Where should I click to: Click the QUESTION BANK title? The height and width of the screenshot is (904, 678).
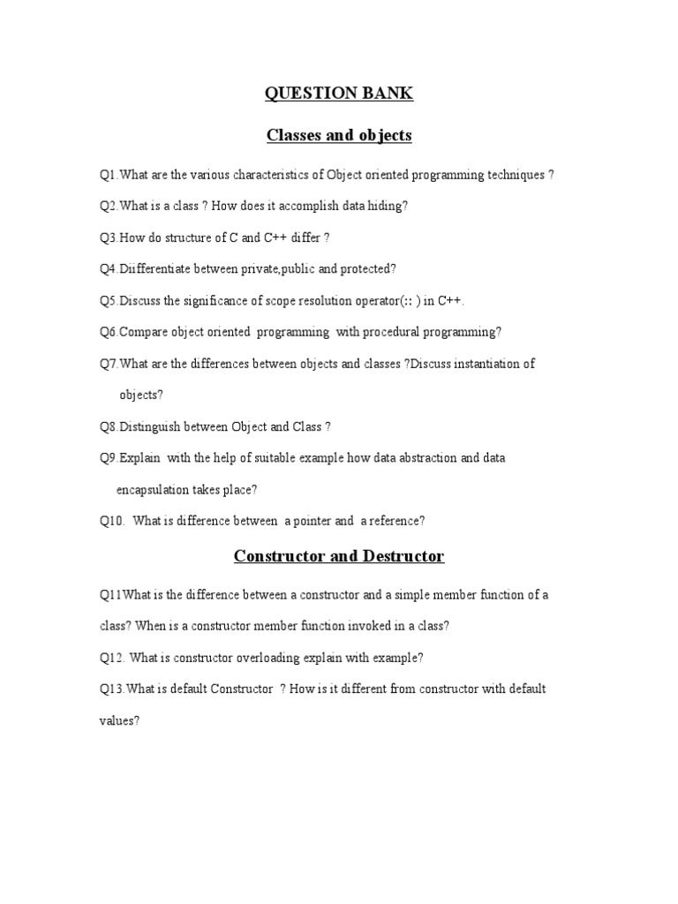click(x=340, y=94)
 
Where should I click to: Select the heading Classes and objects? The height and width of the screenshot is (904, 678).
click(x=340, y=135)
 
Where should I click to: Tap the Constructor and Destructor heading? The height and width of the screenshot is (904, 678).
click(x=339, y=556)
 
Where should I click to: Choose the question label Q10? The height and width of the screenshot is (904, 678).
click(x=111, y=521)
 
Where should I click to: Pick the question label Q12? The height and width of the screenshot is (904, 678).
click(x=112, y=658)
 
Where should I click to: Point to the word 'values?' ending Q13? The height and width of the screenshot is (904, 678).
click(x=119, y=720)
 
